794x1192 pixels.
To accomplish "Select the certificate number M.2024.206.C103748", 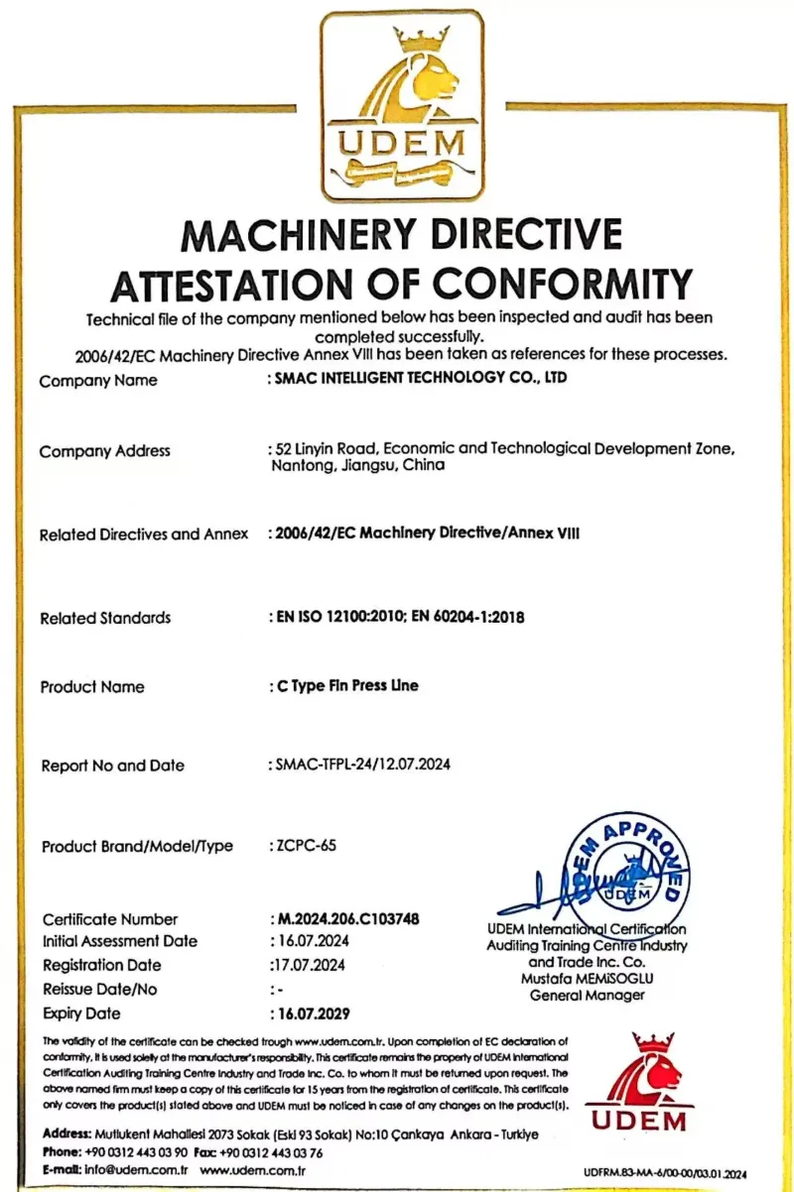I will click(x=345, y=919).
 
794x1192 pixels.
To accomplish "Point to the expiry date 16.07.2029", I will click(x=311, y=1013).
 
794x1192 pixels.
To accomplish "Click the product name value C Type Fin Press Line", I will click(x=345, y=686).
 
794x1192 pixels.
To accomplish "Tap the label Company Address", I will click(x=104, y=451).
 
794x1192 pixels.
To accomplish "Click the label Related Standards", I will click(x=105, y=618).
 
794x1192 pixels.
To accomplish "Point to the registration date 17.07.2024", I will click(x=308, y=965).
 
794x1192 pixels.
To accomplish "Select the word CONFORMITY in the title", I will click(x=554, y=285).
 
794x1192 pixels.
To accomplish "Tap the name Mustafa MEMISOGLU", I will click(x=587, y=978).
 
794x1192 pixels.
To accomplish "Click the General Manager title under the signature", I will click(x=587, y=995).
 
